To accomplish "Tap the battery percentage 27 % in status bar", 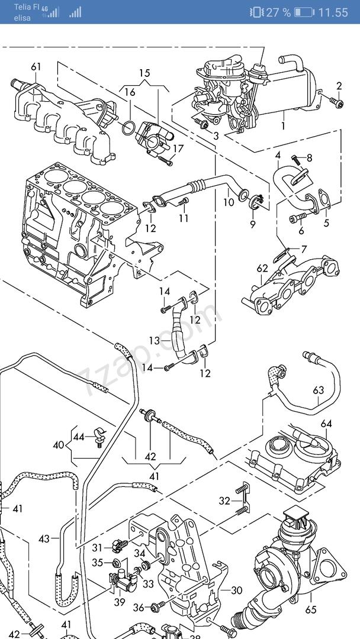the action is click(x=278, y=12).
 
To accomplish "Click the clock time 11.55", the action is click(x=333, y=12).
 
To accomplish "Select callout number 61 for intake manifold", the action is click(x=36, y=67).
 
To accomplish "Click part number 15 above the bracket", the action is click(x=144, y=73).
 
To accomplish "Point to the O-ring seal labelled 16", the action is click(x=128, y=128).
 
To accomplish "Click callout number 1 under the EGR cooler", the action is click(x=284, y=126).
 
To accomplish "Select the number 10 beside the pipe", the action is click(x=229, y=202).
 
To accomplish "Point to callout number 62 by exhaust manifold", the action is click(x=262, y=269).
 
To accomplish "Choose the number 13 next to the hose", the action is click(x=155, y=340).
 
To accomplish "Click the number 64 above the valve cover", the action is click(x=326, y=424).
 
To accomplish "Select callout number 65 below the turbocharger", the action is click(x=311, y=610).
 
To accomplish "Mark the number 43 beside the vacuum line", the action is click(x=44, y=539).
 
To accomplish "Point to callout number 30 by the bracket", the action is click(x=236, y=590).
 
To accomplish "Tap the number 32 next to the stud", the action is click(x=224, y=501).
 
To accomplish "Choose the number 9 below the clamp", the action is click(x=253, y=224).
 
